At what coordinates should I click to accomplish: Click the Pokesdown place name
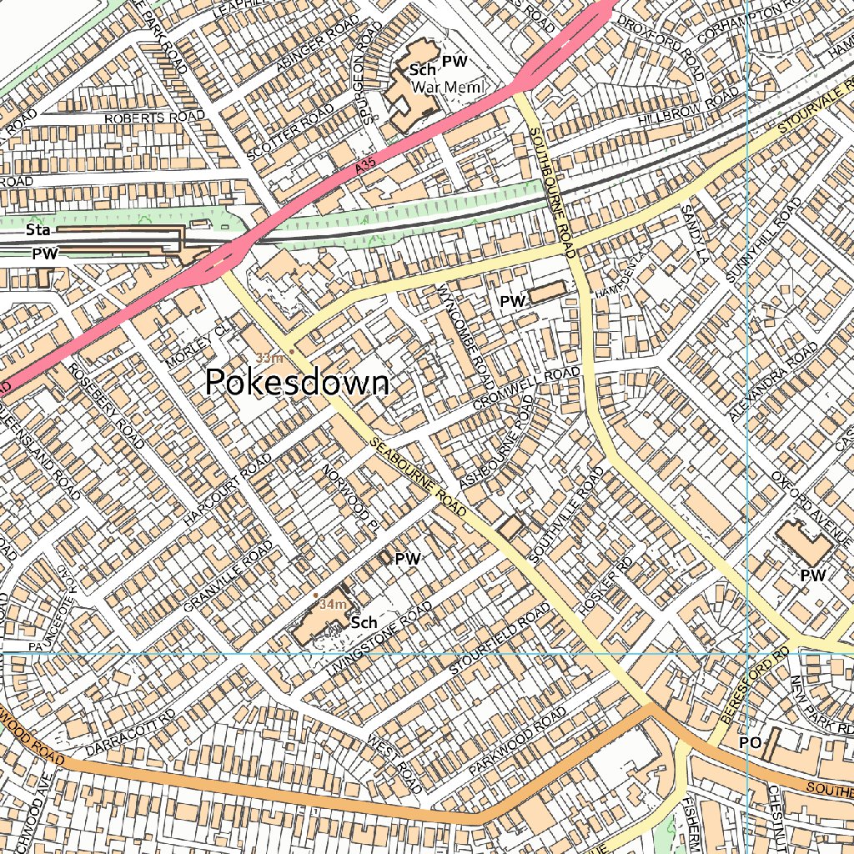(297, 383)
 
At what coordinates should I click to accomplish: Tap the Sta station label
(36, 229)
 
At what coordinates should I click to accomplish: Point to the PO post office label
(750, 742)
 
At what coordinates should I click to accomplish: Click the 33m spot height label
(269, 358)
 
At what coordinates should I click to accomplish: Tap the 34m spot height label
(332, 603)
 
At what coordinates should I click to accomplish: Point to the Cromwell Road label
(525, 388)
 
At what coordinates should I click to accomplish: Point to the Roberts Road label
(154, 118)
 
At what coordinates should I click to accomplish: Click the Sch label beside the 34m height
(364, 622)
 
